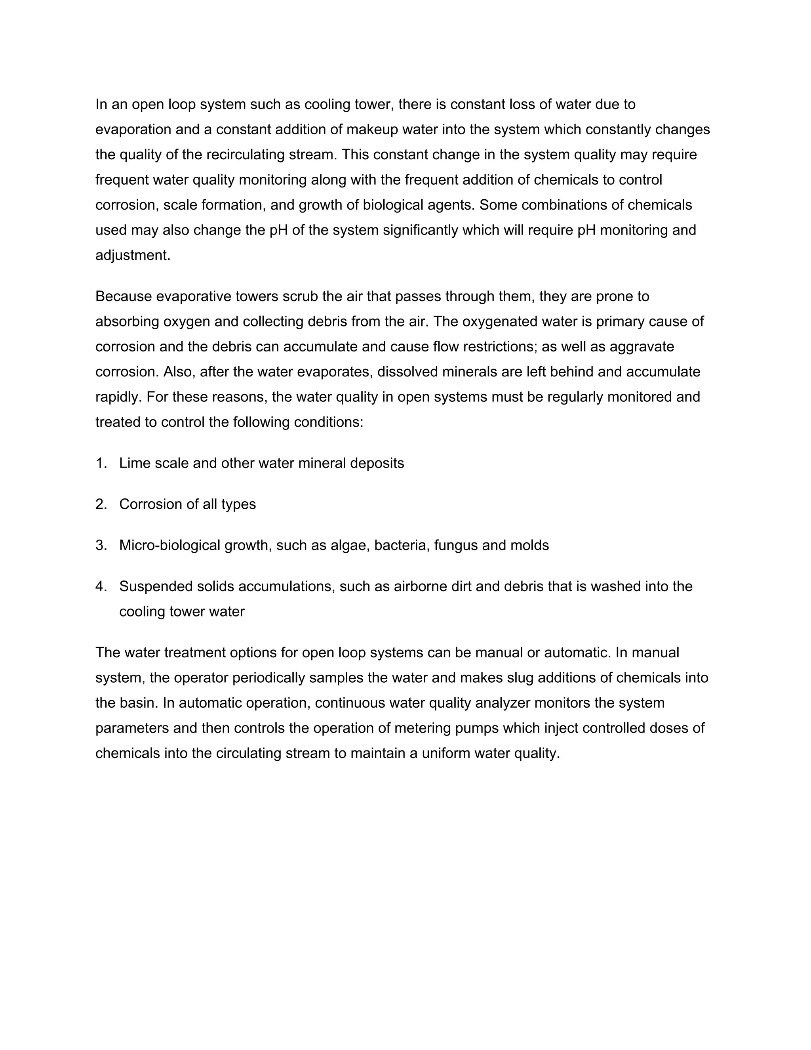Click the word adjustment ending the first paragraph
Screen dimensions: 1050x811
[x=133, y=255]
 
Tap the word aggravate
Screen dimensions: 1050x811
[x=642, y=347]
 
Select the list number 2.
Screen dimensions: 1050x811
[x=100, y=504]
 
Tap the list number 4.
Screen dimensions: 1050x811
[x=100, y=586]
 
